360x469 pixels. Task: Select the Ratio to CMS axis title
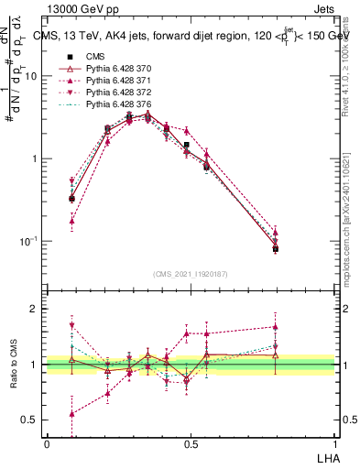click(14, 365)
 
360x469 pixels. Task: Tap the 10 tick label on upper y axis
click(30, 76)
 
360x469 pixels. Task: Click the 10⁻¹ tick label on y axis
click(28, 241)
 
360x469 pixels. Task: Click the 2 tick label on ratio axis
click(35, 309)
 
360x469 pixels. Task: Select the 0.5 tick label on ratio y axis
click(29, 420)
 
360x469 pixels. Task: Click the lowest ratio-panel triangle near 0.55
click(71, 413)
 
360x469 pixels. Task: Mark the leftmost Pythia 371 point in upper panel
click(71, 221)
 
